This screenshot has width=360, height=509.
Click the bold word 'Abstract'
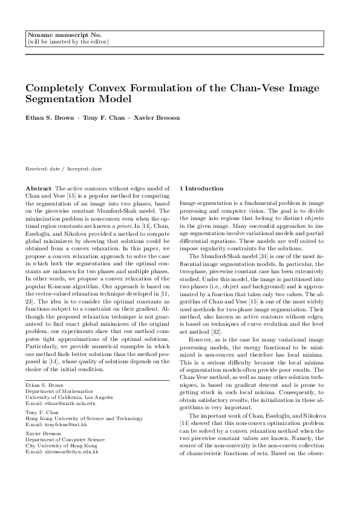coord(39,189)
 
